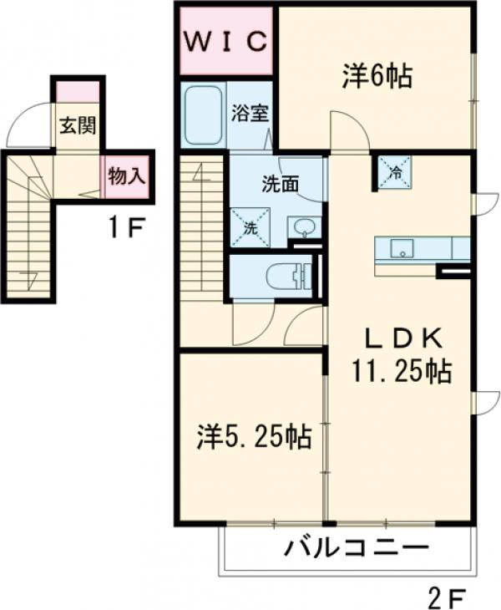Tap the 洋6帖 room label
point(375,76)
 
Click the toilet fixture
point(284,275)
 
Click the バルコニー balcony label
point(356,549)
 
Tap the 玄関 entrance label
point(77,127)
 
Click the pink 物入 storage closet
point(128,175)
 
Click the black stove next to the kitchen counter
point(453,271)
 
